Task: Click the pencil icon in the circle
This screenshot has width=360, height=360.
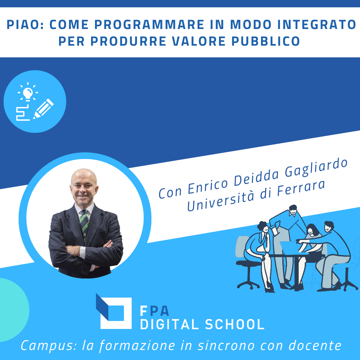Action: [x=43, y=108]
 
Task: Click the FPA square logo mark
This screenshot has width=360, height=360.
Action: [x=113, y=312]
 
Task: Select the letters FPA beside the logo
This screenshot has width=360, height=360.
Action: [x=155, y=311]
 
